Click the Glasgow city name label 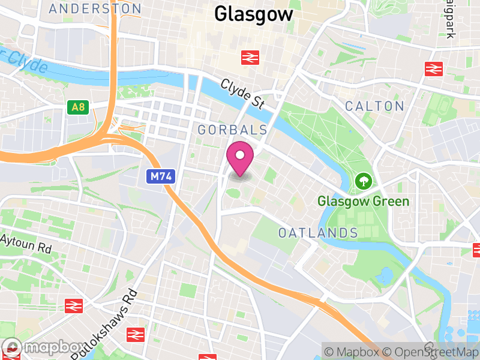coord(254,14)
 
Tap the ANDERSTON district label coord(95,9)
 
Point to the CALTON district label coord(374,106)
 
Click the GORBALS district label coord(232,130)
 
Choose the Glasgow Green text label coord(363,202)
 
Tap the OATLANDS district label coord(318,233)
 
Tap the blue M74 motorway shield coord(157,176)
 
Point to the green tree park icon coord(363,180)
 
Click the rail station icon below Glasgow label coord(250,58)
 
